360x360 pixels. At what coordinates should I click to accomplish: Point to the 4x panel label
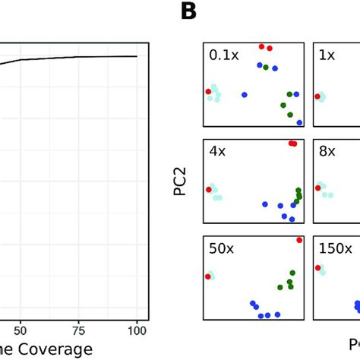coord(217,151)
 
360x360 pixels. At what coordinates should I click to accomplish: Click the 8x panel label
coord(327,151)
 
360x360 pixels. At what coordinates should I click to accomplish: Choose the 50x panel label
coord(221,248)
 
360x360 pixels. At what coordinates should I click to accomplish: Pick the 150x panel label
coord(335,248)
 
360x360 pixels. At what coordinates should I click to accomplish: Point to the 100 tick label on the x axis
coord(137,330)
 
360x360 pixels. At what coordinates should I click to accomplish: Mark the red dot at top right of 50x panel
coord(299,239)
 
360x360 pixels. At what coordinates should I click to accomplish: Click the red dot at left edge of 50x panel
coord(207,277)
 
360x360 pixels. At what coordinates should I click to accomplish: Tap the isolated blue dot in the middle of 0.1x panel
coord(245,95)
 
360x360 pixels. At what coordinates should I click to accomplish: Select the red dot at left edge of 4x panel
coord(207,189)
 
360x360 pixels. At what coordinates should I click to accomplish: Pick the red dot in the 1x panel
coord(317,96)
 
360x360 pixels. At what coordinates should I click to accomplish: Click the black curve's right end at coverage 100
coord(137,56)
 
